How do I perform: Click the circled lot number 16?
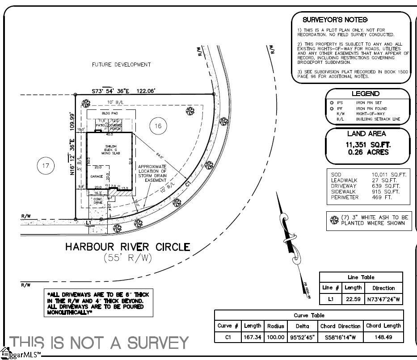[x=158, y=126]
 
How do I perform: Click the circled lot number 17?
[x=45, y=166]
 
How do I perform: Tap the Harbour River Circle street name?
[x=128, y=247]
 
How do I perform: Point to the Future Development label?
[x=121, y=65]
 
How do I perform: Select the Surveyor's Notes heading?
[x=335, y=20]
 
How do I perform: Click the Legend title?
[x=365, y=94]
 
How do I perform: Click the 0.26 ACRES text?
[x=368, y=152]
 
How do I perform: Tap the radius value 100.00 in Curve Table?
[x=275, y=337]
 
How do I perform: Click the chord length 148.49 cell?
[x=383, y=337]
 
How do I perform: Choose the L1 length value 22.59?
[x=353, y=299]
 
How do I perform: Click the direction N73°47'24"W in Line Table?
[x=383, y=299]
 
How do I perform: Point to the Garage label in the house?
[x=97, y=176]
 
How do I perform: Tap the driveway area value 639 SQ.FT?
[x=386, y=186]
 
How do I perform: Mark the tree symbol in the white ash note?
[x=333, y=220]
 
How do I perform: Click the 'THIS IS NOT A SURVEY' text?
[x=99, y=343]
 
